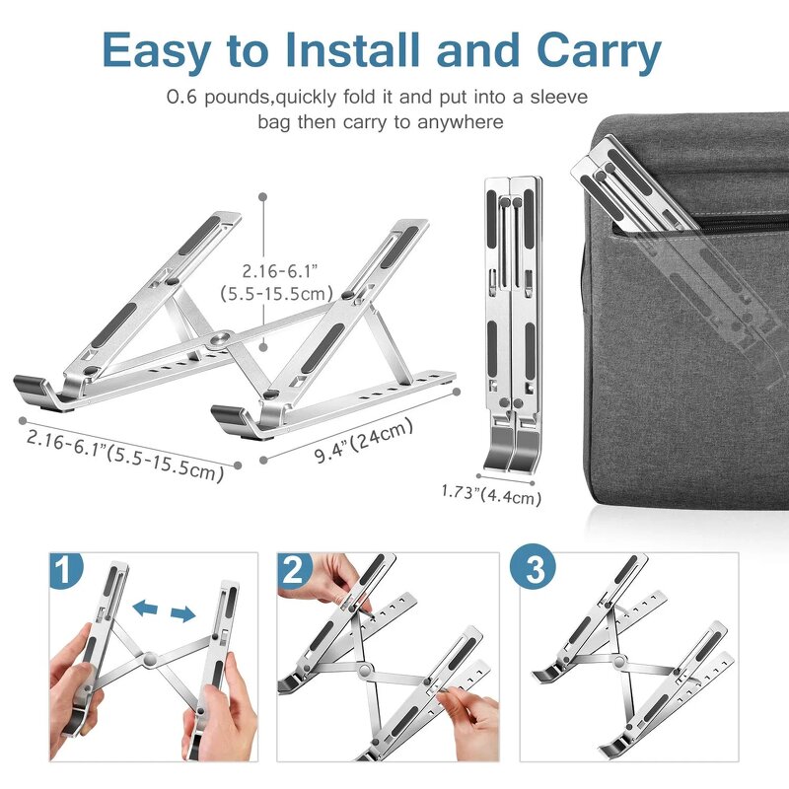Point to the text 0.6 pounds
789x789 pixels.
tap(213, 98)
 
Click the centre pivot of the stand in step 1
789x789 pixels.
tap(150, 658)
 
